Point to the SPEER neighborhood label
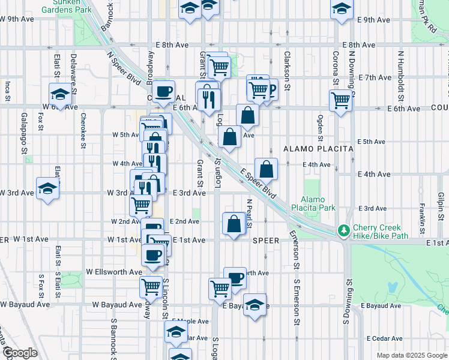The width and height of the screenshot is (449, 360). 265,240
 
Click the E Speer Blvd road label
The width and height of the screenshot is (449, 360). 258,183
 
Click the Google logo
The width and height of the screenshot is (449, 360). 19,353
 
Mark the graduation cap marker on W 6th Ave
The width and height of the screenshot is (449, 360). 60,93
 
